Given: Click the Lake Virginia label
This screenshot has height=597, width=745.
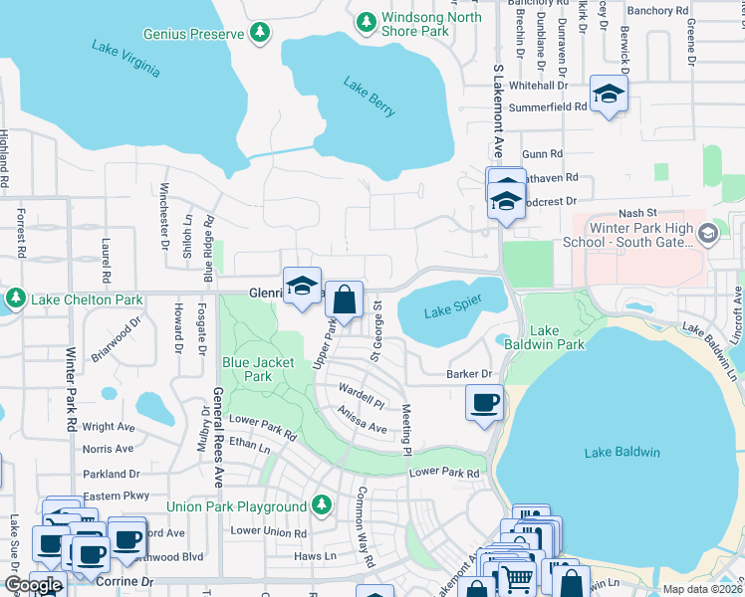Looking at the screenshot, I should point(124,59).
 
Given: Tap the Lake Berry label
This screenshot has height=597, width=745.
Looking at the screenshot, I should point(371,97).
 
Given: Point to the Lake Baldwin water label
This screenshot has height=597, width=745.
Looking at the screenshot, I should point(622,453).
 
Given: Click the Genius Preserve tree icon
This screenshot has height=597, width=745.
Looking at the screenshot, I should point(259,34).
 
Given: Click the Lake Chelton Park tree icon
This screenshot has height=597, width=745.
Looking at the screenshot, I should point(16,298).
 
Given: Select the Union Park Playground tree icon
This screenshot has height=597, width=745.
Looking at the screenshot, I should point(321,506).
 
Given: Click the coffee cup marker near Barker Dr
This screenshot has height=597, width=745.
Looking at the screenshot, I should point(485,403).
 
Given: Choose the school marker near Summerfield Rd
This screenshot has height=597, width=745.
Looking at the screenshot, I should point(608,94).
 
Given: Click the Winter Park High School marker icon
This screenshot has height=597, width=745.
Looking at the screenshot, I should point(708,235).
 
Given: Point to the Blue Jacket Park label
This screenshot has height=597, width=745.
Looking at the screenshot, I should point(258,369).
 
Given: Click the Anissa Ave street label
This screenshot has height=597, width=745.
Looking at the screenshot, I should point(362,421).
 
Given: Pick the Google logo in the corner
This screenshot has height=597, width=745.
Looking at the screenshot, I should point(33,585).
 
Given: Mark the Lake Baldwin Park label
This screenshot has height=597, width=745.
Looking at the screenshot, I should point(557,337).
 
